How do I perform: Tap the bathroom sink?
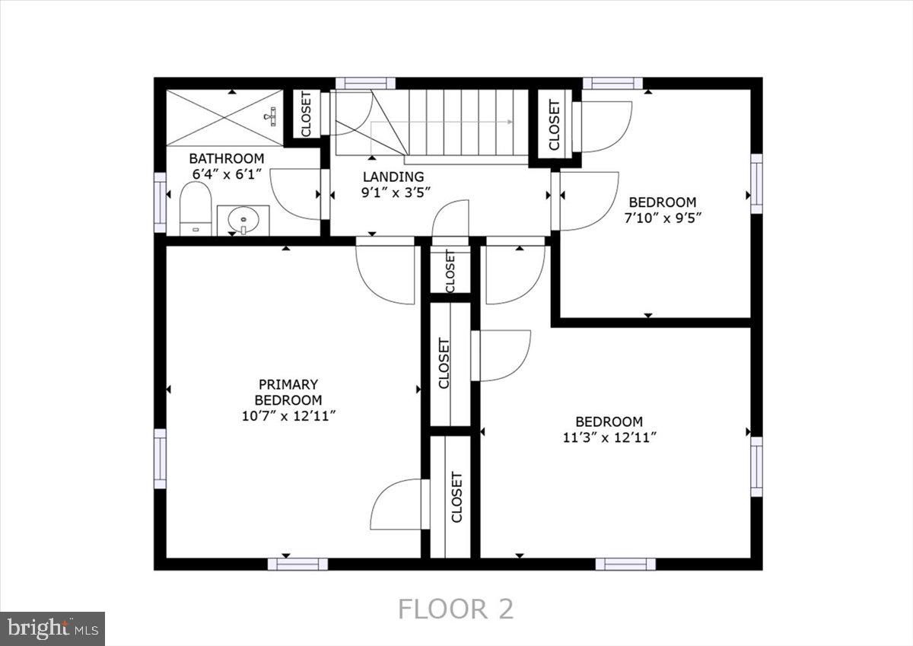(243, 220)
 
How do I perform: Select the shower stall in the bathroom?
(224, 117)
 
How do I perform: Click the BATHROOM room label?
(226, 158)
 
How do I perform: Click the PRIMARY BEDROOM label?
(288, 392)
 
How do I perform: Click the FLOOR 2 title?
(456, 609)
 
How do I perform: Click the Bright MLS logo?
(52, 628)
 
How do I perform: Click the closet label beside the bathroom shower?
(306, 116)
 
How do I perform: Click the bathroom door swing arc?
(296, 195)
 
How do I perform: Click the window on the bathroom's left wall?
(160, 202)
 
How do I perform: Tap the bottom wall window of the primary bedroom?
(297, 564)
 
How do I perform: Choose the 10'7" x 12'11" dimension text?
(288, 415)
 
